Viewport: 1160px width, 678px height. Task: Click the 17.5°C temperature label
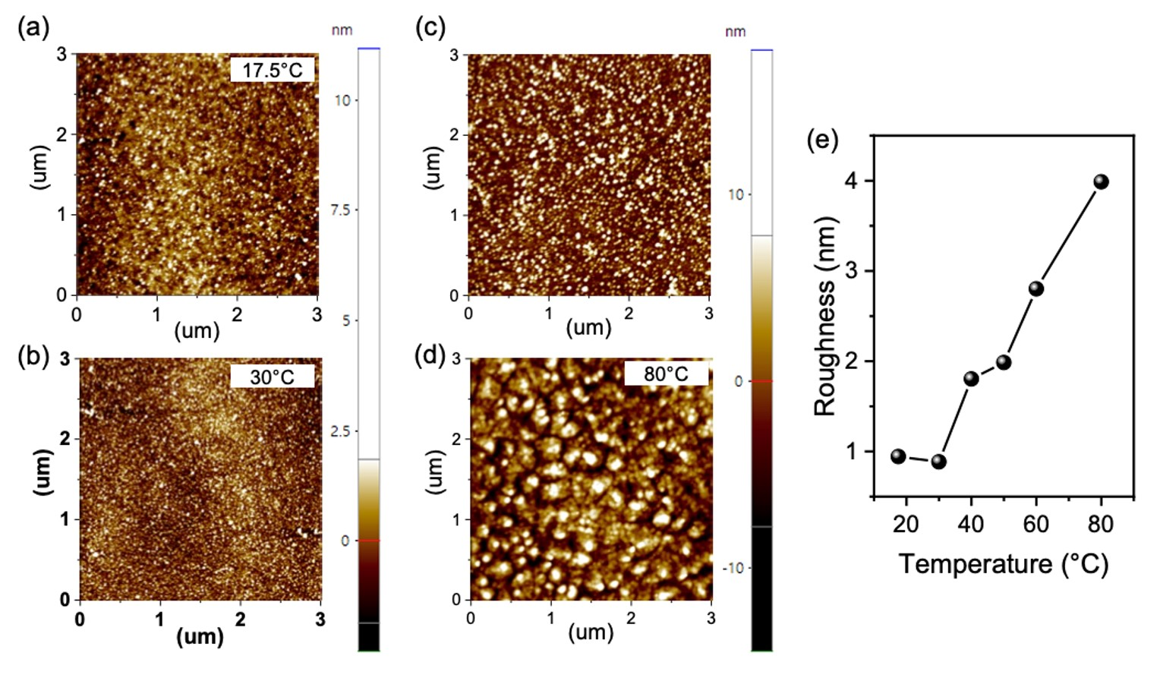pos(272,71)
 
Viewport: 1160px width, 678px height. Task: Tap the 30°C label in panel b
pos(272,377)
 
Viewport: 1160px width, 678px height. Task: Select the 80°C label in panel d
pos(666,374)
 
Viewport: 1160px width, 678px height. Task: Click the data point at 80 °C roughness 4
pos(1101,181)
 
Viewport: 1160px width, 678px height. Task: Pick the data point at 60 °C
pos(1035,289)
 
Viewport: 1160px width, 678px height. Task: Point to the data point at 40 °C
pos(971,379)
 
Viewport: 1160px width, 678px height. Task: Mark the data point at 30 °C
pos(938,462)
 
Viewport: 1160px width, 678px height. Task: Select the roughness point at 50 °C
pos(1004,362)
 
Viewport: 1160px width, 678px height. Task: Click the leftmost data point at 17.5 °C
pos(898,456)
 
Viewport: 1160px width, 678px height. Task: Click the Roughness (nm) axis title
pos(825,317)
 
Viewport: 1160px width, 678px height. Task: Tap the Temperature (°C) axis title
pos(1004,564)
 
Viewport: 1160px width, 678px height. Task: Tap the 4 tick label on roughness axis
pos(851,181)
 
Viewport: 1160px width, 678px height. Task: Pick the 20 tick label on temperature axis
pos(906,524)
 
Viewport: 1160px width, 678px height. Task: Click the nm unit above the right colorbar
pos(735,31)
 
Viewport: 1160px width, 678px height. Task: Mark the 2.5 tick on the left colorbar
pos(339,431)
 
